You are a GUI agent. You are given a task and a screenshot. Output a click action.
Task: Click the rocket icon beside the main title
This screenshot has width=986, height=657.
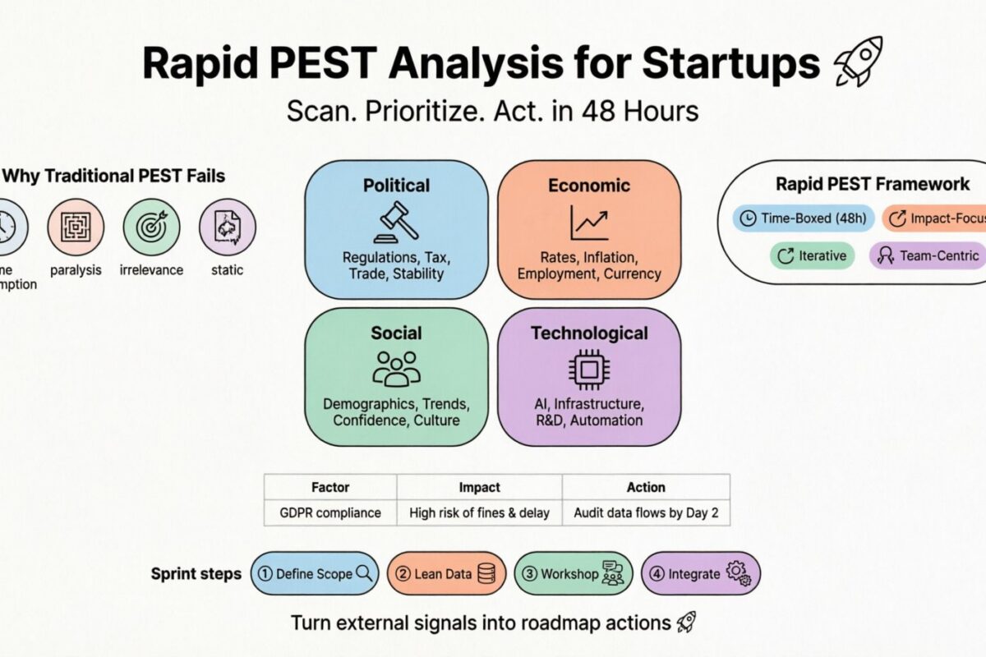pos(858,61)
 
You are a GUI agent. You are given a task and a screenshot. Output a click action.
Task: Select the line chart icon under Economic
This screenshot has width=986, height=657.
pos(589,222)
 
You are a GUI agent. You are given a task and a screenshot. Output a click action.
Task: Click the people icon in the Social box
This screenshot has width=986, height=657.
pos(396,369)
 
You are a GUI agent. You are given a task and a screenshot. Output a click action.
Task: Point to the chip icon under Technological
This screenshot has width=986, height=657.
pos(589,369)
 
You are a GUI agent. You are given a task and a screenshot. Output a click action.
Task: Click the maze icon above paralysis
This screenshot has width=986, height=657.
pos(76,227)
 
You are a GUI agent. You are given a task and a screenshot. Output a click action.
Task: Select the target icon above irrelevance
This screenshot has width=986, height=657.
pos(151,227)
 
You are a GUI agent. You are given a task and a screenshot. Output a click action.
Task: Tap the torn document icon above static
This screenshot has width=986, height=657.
pos(228,227)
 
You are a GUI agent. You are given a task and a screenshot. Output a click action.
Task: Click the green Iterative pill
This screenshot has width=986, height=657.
pos(812,255)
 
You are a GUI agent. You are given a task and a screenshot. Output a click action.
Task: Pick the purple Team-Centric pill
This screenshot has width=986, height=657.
pos(927,255)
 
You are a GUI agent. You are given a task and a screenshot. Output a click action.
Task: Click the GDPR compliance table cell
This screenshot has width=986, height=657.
pos(330,512)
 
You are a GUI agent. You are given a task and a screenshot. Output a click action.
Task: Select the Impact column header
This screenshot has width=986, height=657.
pos(479,487)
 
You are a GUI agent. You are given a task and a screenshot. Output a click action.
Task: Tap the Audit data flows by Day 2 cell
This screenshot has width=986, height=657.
pos(646,512)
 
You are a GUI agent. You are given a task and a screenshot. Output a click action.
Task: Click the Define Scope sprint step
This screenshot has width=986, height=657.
pos(315,573)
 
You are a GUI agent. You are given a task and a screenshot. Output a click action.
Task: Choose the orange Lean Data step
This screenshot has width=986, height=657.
pos(445,573)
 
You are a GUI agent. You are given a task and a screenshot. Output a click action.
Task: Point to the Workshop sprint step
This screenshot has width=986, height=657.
pos(574,573)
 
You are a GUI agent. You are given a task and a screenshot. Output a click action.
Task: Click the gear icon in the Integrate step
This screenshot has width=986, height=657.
pos(738,572)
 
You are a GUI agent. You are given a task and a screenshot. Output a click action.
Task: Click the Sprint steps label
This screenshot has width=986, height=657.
pos(196,573)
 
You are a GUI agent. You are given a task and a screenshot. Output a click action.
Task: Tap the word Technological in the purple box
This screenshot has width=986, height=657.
pos(589,333)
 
